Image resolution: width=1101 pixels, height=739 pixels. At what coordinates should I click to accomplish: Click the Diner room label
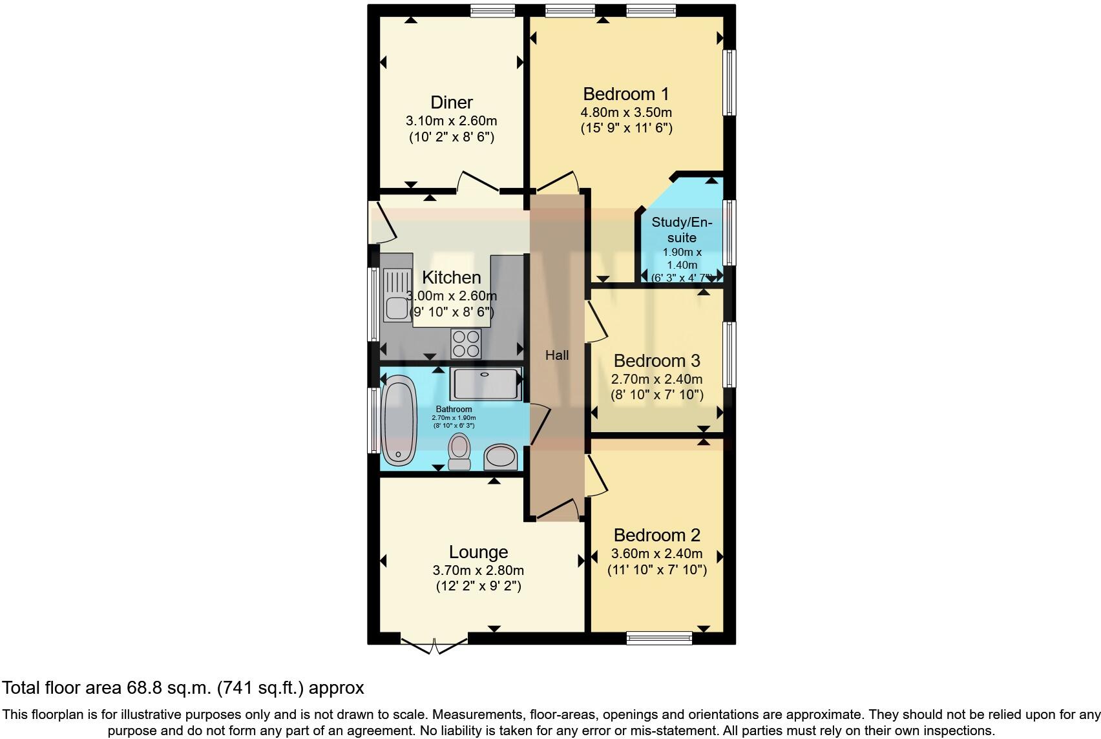[x=451, y=103]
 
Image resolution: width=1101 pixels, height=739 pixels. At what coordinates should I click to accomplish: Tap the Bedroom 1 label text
[x=625, y=94]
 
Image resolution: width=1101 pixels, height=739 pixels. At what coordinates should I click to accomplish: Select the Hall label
[x=556, y=355]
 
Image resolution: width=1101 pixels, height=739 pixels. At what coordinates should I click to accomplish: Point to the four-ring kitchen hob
[x=466, y=344]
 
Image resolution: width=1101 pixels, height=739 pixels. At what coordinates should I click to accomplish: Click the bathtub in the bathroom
[x=399, y=421]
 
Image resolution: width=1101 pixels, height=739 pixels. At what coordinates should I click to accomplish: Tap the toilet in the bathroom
[x=459, y=451]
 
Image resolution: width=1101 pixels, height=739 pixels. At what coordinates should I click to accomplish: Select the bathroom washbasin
[x=501, y=457]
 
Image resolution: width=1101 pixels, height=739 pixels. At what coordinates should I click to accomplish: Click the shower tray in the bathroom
[x=486, y=384]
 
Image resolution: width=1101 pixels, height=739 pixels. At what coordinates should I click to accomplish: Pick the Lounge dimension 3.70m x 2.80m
[x=478, y=570]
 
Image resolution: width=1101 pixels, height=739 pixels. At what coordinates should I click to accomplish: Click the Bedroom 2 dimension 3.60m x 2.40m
[x=656, y=554]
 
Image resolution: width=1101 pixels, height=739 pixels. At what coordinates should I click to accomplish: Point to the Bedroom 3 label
[x=656, y=360]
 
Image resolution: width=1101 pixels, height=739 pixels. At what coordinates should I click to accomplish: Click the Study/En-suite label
[x=681, y=230]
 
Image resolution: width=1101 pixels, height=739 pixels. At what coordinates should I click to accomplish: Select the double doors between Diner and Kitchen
[x=478, y=184]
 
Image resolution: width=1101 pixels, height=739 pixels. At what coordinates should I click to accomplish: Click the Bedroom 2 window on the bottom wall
[x=659, y=638]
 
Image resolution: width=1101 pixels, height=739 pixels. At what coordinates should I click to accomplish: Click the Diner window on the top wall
[x=492, y=10]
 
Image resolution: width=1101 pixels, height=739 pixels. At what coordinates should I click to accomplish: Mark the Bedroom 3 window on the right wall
[x=729, y=354]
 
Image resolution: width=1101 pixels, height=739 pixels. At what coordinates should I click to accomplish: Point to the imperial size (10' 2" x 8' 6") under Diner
[x=451, y=137]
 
